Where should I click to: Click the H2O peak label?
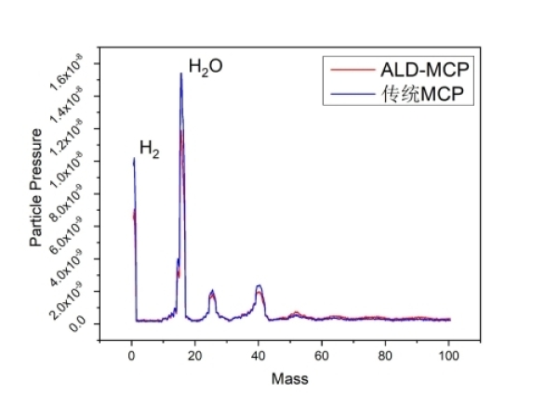click(x=206, y=66)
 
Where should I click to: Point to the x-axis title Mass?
click(x=289, y=379)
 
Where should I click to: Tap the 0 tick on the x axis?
click(x=131, y=356)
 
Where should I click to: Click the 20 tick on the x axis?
click(x=194, y=356)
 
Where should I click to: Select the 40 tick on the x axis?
click(x=258, y=356)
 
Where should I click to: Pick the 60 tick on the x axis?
click(x=322, y=356)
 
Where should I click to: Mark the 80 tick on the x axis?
click(x=385, y=356)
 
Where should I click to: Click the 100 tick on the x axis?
click(x=448, y=356)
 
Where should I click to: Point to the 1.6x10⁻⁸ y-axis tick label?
click(x=73, y=71)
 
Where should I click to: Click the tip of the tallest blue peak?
click(x=180, y=72)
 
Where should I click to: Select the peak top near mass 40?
click(x=259, y=285)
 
